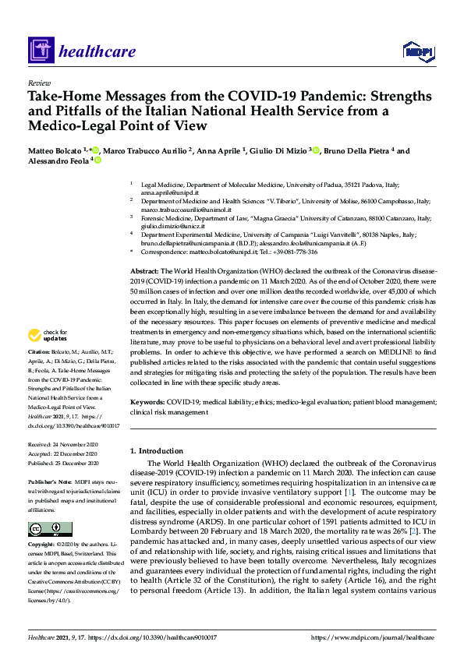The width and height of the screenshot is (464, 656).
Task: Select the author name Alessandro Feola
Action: pos(58,160)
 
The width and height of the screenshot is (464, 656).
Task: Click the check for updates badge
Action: pos(48,336)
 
